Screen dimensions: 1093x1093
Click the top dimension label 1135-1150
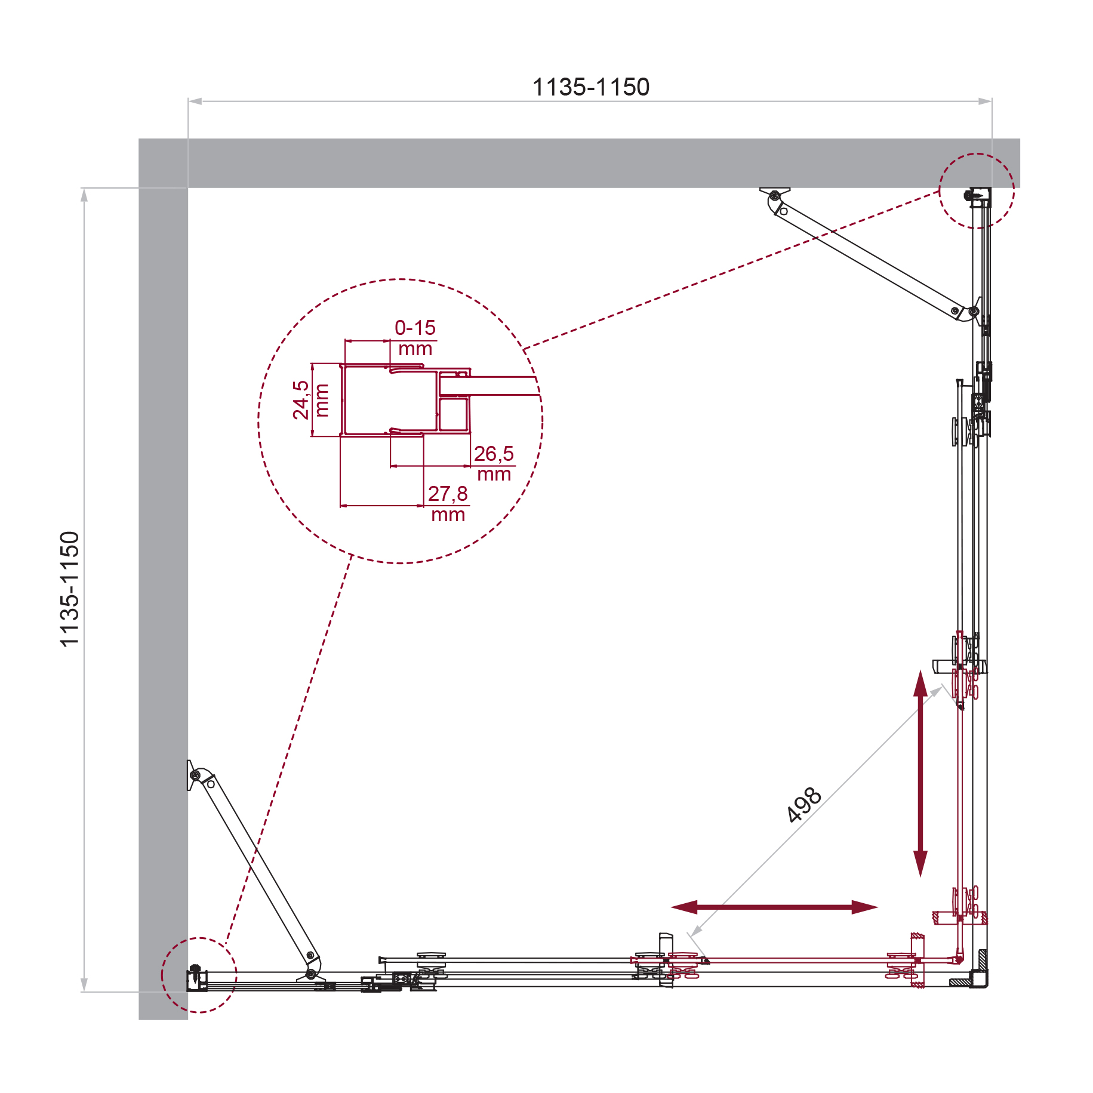click(590, 87)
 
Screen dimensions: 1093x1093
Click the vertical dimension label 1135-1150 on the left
click(70, 589)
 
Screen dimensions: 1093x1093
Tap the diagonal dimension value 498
click(804, 805)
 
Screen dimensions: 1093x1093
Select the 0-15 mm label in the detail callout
click(415, 338)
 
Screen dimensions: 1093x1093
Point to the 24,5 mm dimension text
click(310, 400)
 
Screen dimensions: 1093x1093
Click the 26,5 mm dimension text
click(494, 464)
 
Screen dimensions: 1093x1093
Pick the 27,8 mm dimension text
click(448, 504)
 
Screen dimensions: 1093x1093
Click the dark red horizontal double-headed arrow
click(774, 907)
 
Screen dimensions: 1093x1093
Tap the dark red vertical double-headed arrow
click(920, 773)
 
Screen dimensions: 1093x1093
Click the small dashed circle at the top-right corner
click(977, 191)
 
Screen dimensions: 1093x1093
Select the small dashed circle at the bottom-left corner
click(199, 975)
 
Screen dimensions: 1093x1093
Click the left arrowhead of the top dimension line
click(195, 101)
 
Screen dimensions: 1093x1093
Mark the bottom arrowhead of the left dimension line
click(84, 985)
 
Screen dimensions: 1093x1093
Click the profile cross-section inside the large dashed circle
click(405, 399)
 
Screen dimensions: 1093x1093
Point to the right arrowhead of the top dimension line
click(984, 101)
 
